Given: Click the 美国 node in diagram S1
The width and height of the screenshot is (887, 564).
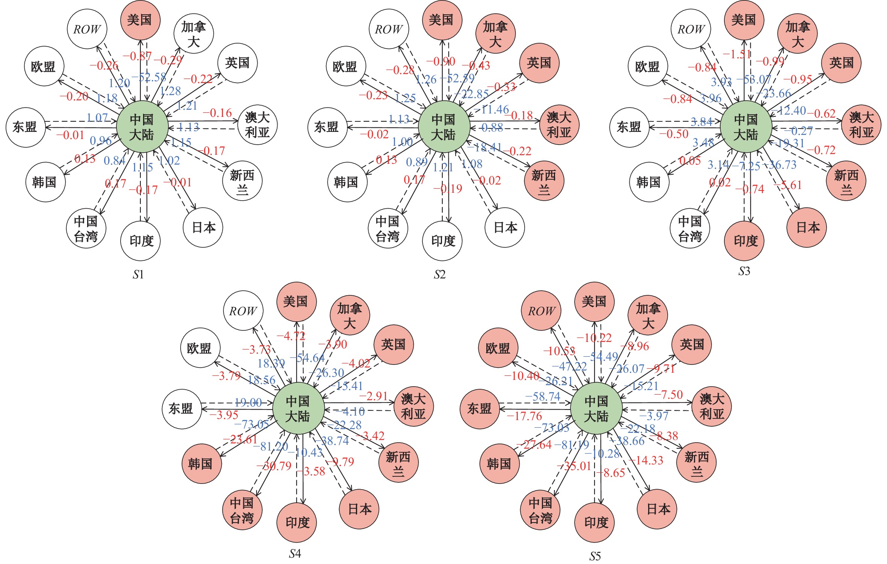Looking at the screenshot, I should click(140, 20).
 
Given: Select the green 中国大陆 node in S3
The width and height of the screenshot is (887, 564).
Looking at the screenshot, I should click(746, 127).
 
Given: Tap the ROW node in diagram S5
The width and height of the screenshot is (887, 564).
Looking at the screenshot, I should click(541, 311).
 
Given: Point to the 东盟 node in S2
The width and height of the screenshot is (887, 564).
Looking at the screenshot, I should click(327, 127).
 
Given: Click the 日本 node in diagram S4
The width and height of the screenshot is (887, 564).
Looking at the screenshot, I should click(359, 509).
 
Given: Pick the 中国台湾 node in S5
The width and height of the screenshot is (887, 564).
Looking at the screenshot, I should click(540, 510).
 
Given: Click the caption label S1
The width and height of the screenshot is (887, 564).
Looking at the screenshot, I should click(138, 275).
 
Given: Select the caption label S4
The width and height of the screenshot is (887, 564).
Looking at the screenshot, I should click(295, 553).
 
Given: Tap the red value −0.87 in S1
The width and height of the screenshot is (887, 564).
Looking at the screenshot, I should click(137, 56).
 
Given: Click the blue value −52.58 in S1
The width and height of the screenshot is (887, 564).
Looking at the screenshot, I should click(149, 77).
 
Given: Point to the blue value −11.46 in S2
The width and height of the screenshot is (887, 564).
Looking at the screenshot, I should click(492, 110).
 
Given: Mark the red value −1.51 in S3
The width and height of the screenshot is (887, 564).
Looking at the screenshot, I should click(737, 54).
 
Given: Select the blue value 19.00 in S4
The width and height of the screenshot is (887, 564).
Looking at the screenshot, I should click(248, 403).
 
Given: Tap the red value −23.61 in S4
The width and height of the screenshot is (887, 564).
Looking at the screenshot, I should click(240, 439).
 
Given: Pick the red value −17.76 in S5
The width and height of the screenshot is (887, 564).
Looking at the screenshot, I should click(525, 416).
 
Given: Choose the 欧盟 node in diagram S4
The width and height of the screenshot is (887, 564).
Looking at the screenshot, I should click(199, 348).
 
